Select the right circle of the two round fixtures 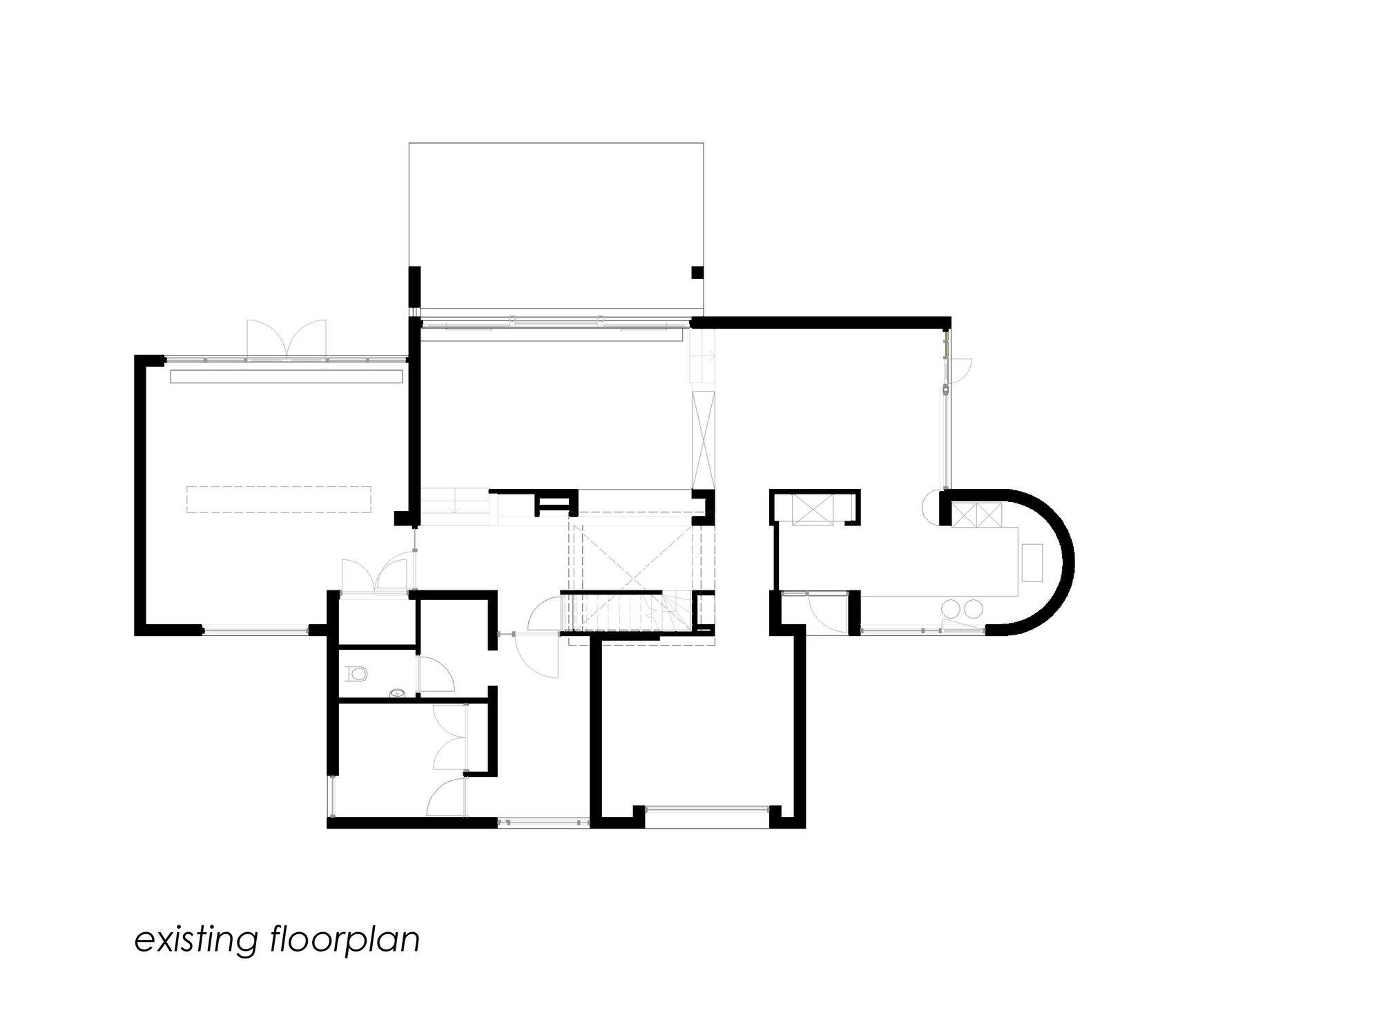pos(973,608)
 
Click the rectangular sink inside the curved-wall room pos(1033,563)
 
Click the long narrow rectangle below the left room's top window pos(286,376)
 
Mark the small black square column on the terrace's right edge pos(697,272)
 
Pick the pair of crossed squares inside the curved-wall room pos(976,515)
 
